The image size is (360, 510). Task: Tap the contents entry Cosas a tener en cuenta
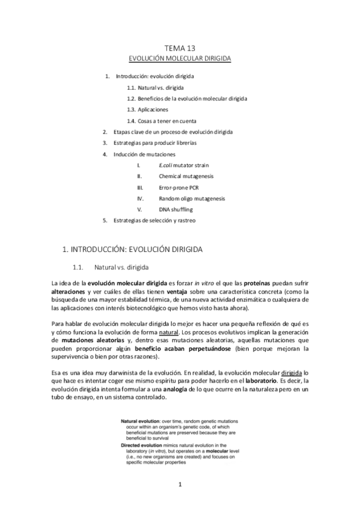tap(171, 120)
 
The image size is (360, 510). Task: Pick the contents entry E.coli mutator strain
tap(184, 165)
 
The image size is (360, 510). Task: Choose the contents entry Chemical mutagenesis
tap(187, 176)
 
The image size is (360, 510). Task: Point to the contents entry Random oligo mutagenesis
tap(192, 198)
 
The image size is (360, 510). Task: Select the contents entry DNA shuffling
tap(175, 209)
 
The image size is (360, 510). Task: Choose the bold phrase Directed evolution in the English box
tap(142, 445)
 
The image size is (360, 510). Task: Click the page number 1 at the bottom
tap(180, 484)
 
